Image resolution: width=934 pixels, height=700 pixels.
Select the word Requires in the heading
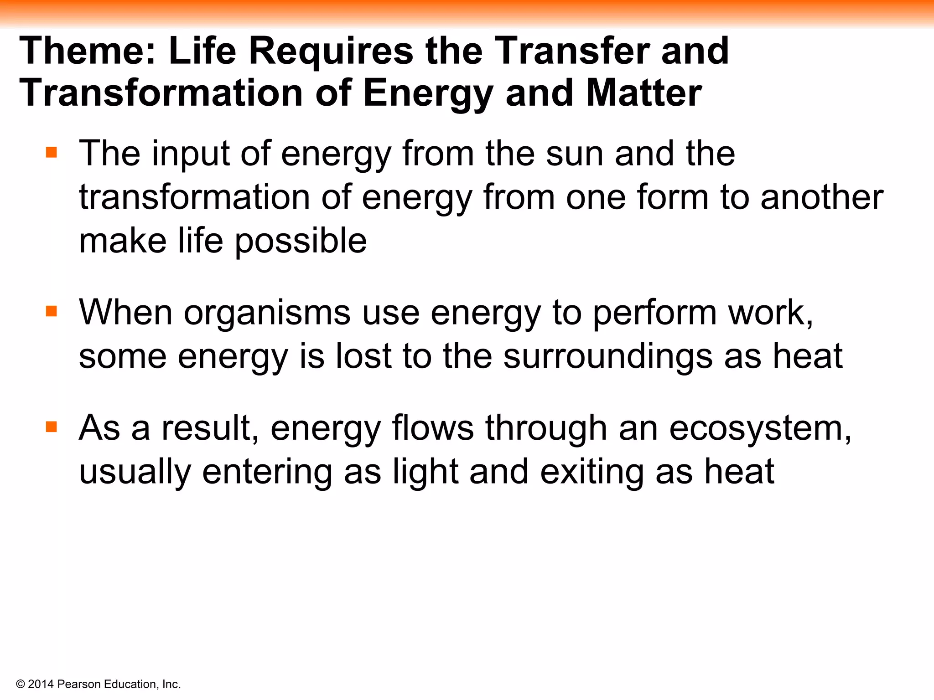[331, 51]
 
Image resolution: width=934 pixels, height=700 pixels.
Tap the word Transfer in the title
[572, 51]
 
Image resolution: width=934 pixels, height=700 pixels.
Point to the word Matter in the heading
[643, 93]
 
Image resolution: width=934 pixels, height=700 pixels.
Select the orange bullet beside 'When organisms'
[52, 311]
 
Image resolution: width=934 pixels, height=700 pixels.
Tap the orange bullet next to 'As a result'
[52, 427]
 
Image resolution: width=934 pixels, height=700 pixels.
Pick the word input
[191, 154]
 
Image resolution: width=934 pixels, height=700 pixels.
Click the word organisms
[267, 313]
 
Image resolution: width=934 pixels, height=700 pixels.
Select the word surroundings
[608, 356]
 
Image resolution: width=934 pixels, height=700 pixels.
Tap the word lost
[363, 356]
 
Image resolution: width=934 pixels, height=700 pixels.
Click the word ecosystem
[760, 428]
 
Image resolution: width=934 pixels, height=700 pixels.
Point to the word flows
[433, 428]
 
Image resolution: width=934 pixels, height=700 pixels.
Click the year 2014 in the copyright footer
[41, 685]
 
